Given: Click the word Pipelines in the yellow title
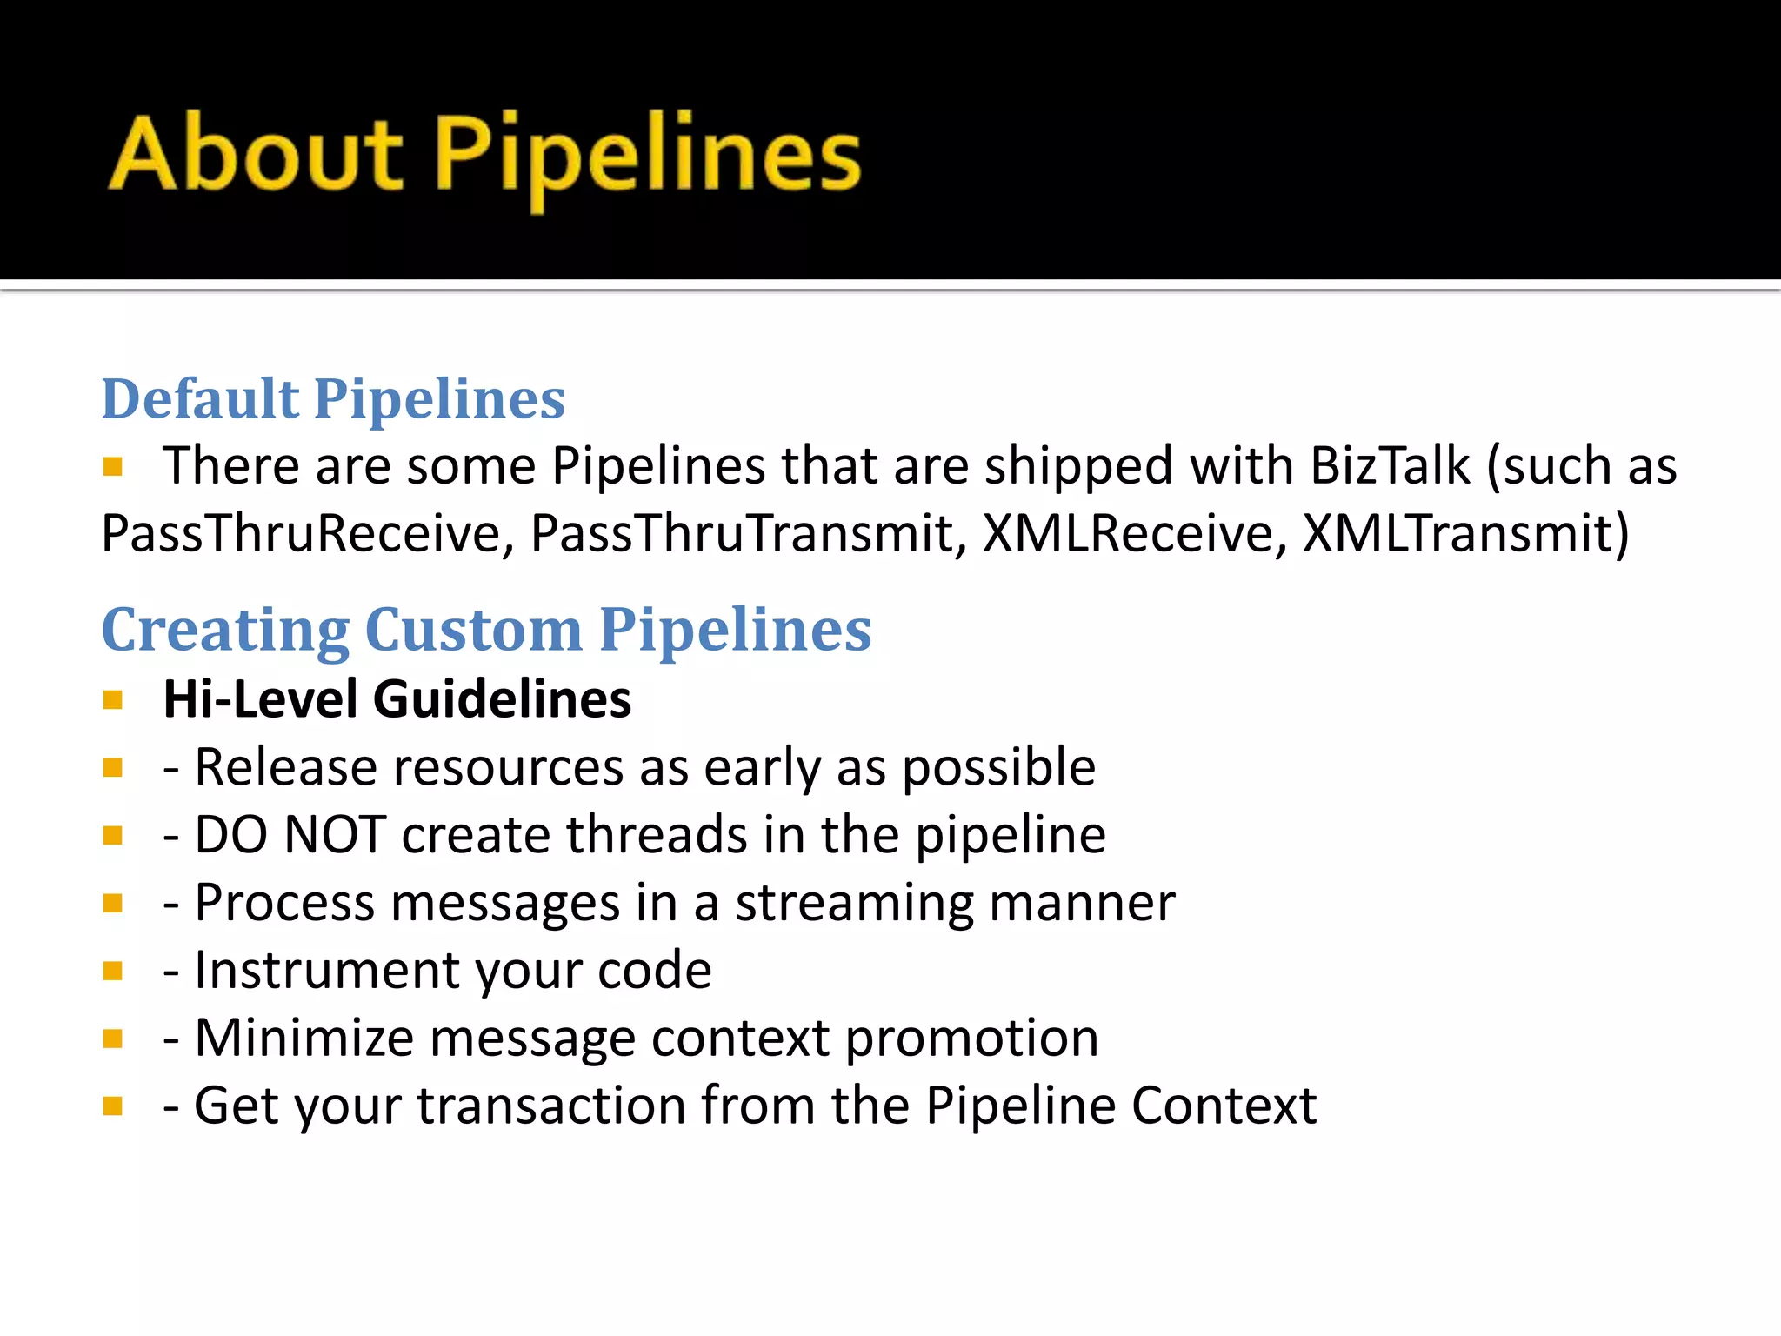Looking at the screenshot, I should pyautogui.click(x=647, y=157).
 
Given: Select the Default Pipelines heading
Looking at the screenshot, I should pyautogui.click(x=333, y=399).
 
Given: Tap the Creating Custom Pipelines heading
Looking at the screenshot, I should pyautogui.click(x=486, y=630).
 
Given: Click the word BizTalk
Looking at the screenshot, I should pyautogui.click(x=1390, y=465).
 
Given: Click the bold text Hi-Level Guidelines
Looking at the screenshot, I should pyautogui.click(x=397, y=699).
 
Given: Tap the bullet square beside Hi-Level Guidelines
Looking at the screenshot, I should pyautogui.click(x=112, y=700).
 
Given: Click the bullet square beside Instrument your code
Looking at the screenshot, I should pyautogui.click(x=112, y=971).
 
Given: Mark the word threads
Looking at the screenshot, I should pyautogui.click(x=657, y=835).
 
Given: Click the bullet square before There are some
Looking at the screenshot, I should pyautogui.click(x=112, y=467).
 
